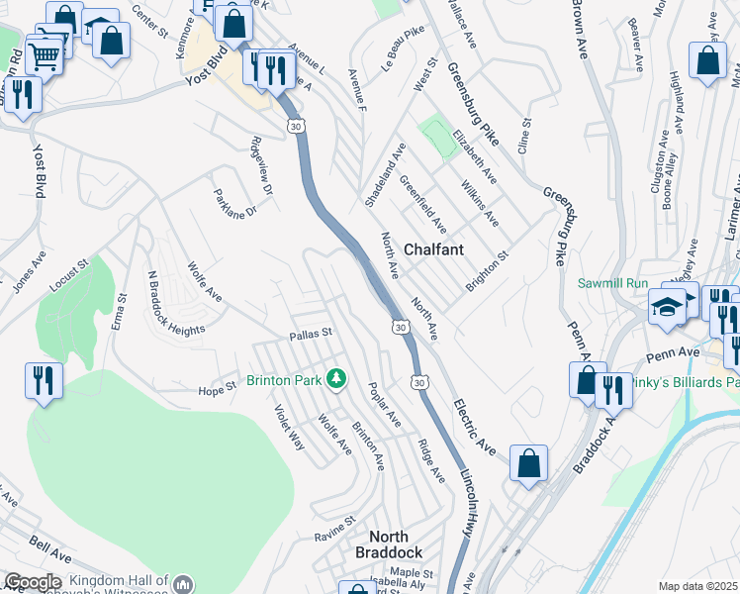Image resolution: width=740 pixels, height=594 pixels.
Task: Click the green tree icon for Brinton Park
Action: [336, 378]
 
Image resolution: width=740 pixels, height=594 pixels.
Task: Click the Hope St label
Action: [216, 390]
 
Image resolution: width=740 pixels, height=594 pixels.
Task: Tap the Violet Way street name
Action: [290, 429]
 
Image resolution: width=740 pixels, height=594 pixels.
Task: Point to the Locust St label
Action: [69, 275]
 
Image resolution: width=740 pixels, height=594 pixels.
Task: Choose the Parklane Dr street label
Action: [234, 204]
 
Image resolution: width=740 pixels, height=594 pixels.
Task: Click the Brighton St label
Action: [487, 270]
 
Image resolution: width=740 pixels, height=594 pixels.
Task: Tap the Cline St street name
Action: [525, 136]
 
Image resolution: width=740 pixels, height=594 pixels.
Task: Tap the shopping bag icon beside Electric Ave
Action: [529, 462]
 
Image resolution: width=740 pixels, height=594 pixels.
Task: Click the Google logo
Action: [33, 582]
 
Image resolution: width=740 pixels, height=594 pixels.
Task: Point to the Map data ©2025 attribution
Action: [697, 586]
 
